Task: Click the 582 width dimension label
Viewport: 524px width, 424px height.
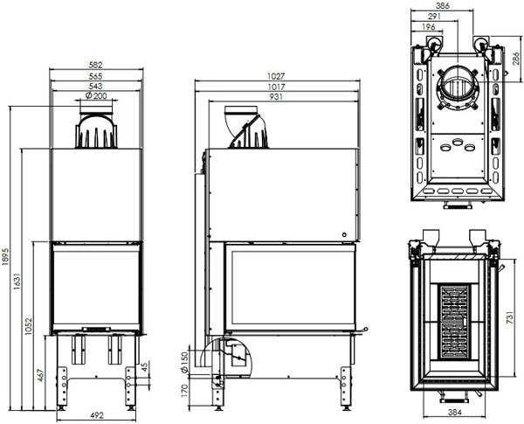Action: pos(96,65)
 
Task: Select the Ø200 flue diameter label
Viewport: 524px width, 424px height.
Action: pos(96,95)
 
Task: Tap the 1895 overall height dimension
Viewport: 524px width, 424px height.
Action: pos(5,257)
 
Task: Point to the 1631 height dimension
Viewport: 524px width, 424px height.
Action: pos(17,282)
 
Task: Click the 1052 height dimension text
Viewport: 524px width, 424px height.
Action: pos(28,327)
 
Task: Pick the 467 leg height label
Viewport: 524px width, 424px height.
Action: pos(40,375)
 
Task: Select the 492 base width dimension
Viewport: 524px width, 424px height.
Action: pos(97,415)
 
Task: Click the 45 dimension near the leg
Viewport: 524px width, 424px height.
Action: pos(144,366)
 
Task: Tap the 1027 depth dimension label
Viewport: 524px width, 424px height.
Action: pos(276,77)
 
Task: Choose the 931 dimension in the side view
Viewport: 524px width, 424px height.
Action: pos(276,97)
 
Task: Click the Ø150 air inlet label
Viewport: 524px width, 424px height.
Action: pos(184,362)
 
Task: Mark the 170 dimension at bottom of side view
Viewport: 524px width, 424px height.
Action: pos(184,391)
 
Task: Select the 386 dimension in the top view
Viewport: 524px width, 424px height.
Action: pos(443,6)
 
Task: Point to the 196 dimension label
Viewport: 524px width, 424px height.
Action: pos(429,27)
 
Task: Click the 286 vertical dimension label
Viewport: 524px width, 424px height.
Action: pos(516,59)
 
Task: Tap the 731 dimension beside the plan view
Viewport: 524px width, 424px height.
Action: pos(509,317)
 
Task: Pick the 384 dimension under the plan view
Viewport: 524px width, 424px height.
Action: pos(455,413)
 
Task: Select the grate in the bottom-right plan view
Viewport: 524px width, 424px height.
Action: pos(453,322)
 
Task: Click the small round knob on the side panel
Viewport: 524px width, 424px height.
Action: pos(345,235)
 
